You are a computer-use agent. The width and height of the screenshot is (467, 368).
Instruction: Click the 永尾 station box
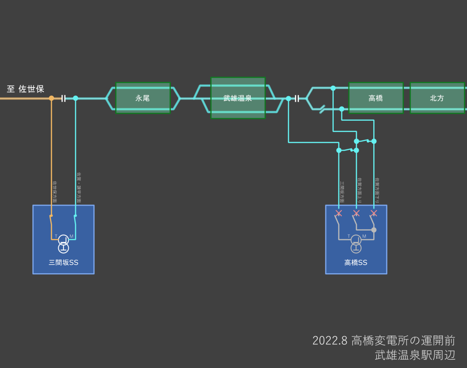tap(143, 98)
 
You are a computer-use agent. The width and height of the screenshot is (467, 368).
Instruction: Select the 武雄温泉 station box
tap(238, 98)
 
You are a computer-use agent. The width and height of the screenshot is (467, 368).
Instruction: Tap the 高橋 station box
tap(376, 98)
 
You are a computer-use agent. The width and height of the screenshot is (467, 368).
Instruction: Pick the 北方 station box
tap(437, 98)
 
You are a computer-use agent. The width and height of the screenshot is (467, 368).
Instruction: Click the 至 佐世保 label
tap(26, 89)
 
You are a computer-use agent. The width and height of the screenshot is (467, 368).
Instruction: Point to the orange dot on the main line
tap(51, 98)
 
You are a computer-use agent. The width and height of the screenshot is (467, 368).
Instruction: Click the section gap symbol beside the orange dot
tap(63, 98)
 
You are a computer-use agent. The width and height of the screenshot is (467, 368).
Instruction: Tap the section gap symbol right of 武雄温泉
tap(297, 98)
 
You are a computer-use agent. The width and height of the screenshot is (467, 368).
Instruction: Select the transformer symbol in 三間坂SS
tap(63, 244)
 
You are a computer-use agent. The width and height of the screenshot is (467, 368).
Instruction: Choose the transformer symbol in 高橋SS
tap(356, 244)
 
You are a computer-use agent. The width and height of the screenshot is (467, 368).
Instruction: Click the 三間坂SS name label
tap(63, 263)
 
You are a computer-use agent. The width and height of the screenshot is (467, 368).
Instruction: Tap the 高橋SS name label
tap(356, 263)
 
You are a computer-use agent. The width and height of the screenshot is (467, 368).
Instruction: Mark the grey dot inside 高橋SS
tap(374, 230)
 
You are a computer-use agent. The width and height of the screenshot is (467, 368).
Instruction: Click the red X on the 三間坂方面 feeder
tap(339, 213)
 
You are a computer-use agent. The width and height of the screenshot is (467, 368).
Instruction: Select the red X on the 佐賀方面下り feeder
tap(374, 213)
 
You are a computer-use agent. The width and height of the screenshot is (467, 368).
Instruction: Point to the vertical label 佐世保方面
tap(55, 192)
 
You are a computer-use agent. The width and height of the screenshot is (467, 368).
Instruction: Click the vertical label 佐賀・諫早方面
tap(79, 187)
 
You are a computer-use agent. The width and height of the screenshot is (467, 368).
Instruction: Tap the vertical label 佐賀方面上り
tap(359, 190)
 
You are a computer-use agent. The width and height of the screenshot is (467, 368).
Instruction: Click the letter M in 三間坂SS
tap(72, 236)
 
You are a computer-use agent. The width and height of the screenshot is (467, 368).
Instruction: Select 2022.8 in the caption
tap(330, 340)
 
